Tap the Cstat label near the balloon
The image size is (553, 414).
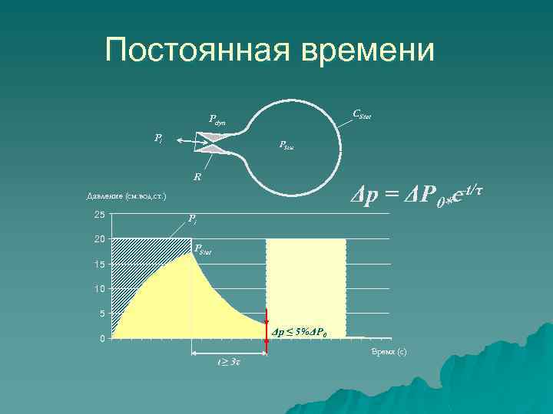362,115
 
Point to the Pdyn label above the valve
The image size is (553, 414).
217,120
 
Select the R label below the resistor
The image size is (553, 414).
197,176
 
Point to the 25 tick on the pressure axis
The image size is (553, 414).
99,215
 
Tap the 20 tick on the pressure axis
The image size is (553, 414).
99,239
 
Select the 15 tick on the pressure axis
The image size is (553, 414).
99,264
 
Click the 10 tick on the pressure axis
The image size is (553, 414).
99,289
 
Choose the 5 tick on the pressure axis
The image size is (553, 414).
101,314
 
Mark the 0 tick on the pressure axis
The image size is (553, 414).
101,339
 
